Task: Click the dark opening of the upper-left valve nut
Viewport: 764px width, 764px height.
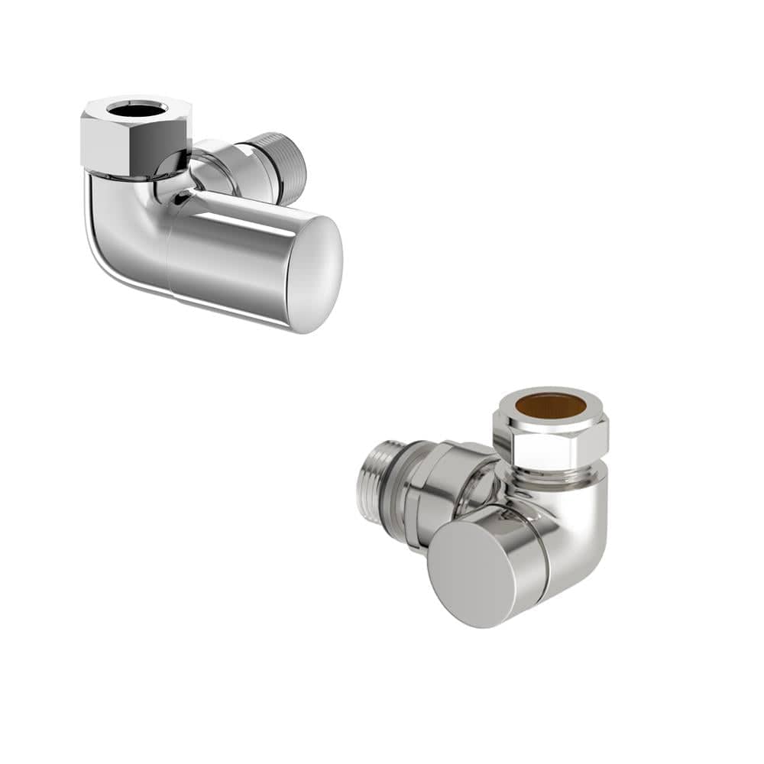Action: tap(136, 110)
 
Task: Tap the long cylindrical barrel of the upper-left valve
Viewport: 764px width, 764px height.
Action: tap(229, 260)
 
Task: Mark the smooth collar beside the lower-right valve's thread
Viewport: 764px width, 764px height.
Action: tap(428, 489)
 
